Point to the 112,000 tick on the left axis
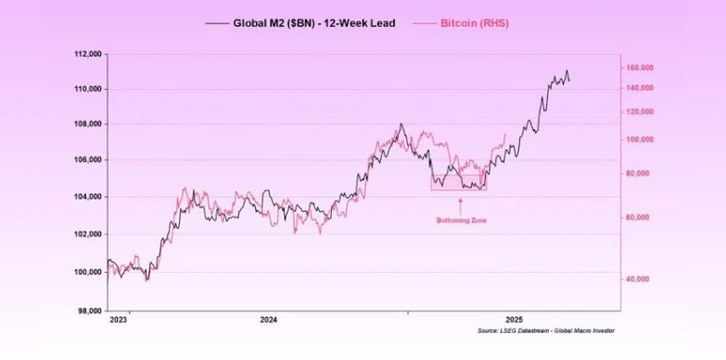87,54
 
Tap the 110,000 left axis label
87,89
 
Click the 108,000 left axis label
87,124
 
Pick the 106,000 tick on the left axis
87,161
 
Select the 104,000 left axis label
87,197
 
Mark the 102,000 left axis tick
87,234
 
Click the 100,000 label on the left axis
87,272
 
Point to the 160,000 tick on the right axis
641,68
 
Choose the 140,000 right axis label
641,88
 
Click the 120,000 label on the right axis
641,111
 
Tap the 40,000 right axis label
639,279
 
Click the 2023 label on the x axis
119,320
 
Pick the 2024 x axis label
268,320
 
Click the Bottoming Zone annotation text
461,221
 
